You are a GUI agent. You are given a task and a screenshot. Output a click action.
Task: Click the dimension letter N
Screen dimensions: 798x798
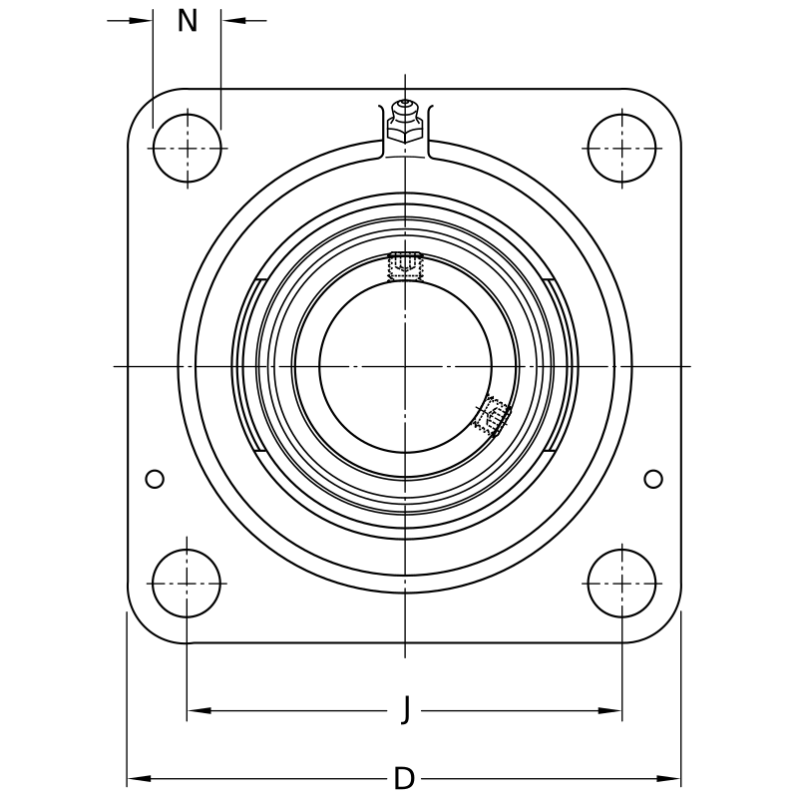tap(188, 21)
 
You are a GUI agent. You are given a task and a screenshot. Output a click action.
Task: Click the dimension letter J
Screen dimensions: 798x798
tap(406, 708)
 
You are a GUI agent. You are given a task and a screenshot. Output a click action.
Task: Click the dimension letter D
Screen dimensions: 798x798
tap(405, 778)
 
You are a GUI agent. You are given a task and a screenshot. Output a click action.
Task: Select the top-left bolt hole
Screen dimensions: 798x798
tap(187, 148)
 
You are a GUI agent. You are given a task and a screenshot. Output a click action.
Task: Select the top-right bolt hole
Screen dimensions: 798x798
tap(621, 148)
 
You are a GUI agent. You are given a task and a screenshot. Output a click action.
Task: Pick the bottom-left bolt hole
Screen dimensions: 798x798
tap(187, 584)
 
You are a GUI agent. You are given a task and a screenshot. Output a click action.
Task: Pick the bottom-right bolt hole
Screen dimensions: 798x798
tap(621, 584)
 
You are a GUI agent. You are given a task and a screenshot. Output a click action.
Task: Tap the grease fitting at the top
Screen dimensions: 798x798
tap(405, 121)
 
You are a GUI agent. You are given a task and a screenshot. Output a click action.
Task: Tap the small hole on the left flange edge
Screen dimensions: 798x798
tap(155, 479)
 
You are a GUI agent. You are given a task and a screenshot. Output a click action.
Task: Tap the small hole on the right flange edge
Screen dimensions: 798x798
tap(653, 479)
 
